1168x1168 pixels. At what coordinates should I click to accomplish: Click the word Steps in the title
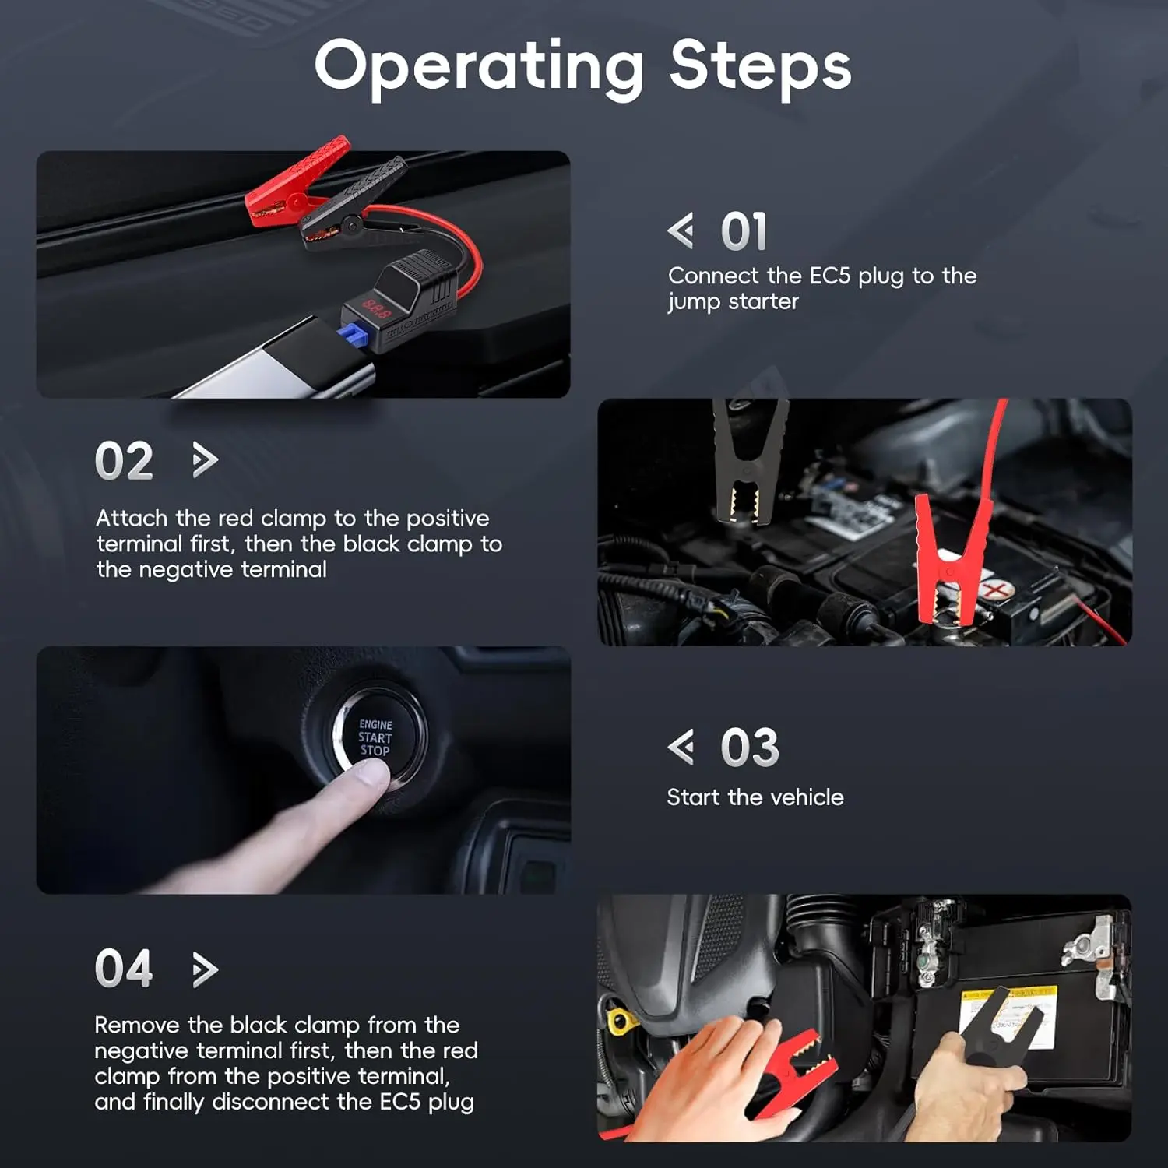(761, 65)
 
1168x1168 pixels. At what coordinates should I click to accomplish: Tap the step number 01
(744, 232)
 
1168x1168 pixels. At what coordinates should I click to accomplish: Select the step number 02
(124, 461)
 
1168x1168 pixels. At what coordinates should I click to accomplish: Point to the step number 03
(750, 748)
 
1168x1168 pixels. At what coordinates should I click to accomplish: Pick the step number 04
(124, 969)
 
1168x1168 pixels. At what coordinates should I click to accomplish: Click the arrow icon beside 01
(681, 231)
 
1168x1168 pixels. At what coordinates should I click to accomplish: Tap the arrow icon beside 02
(205, 460)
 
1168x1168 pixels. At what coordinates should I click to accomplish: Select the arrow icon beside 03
(681, 748)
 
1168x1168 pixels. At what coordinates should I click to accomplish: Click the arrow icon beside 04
(205, 969)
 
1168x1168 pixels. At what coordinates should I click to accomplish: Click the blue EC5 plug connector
(354, 336)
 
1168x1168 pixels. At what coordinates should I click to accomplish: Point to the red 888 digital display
(376, 310)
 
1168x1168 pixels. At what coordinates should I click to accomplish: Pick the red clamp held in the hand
(790, 1067)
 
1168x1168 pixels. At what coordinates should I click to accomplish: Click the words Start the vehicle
(755, 797)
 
